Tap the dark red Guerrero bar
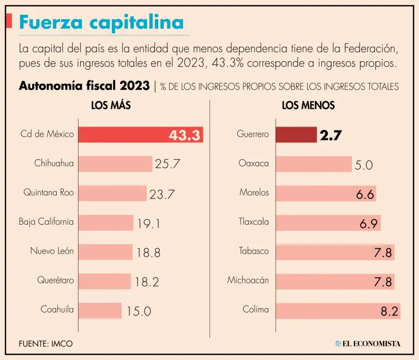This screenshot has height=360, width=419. pos(296,135)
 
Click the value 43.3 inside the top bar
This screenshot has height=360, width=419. pos(184,135)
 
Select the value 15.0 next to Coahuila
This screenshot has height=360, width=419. pos(139,311)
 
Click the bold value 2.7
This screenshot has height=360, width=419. pos(331,135)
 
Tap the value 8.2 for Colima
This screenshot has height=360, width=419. pos(390,311)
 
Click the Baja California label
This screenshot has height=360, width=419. pos(46,222)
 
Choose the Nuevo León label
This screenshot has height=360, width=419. pos(52,251)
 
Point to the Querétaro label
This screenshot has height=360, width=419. pos(55,281)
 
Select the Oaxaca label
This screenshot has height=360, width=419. pos(254,163)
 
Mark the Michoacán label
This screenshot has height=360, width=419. pos(248,281)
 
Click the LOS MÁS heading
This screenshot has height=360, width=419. pos(111,106)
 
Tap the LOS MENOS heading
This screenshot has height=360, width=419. pos(308,106)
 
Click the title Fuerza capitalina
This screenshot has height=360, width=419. pos(101,22)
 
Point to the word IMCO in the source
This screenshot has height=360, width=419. pos(63,344)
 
